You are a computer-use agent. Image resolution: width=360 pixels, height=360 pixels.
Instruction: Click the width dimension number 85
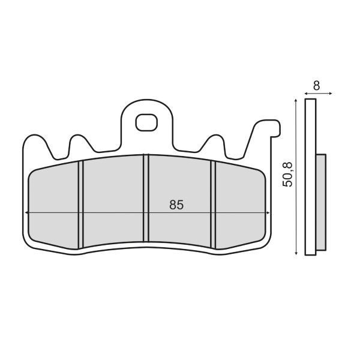pos(176,205)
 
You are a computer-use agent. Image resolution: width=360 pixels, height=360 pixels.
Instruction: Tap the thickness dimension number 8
pos(316,86)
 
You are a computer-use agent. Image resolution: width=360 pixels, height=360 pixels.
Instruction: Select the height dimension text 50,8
pos(288,175)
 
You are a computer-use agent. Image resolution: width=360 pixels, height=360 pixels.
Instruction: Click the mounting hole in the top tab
pos(145,122)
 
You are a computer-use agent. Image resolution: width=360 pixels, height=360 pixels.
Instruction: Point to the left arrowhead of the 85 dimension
pos(27,212)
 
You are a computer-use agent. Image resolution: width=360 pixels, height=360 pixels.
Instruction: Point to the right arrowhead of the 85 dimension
pos(267,212)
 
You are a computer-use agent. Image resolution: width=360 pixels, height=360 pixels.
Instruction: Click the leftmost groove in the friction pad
pos(80,204)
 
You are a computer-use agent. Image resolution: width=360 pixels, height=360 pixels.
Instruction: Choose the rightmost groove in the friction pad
pos(212,204)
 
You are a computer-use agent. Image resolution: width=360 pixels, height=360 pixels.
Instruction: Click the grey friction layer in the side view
pos(321,202)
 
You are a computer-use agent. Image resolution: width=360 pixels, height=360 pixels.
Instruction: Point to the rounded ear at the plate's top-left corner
pos(35,144)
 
